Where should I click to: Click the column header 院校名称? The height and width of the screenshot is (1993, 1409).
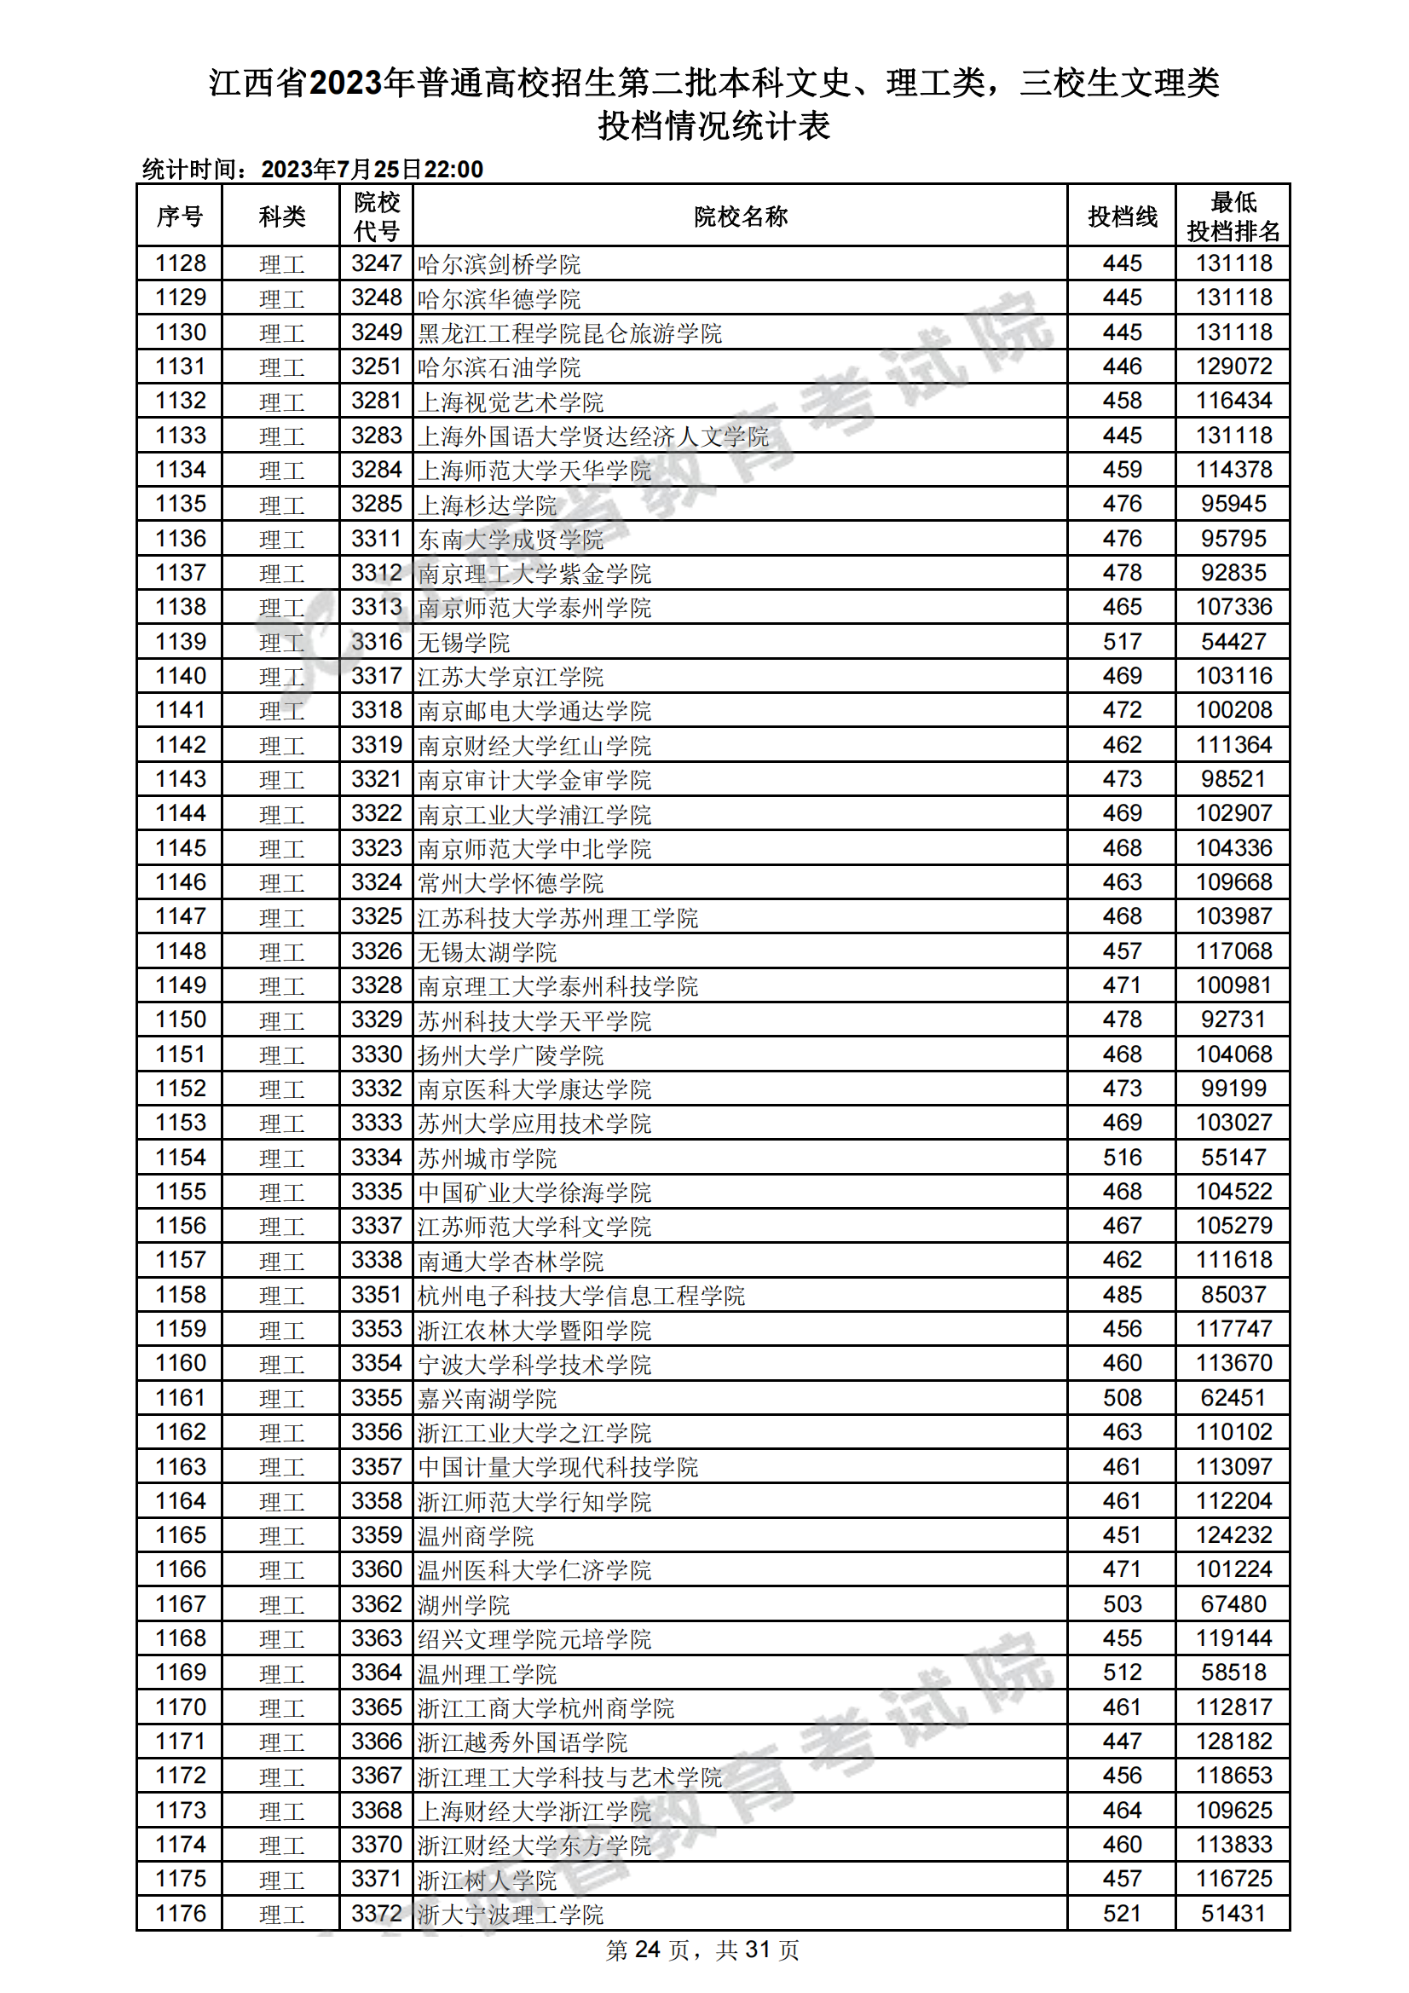click(x=740, y=217)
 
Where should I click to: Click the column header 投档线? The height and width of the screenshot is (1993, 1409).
click(x=1122, y=217)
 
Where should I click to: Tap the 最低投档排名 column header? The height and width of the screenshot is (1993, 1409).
click(x=1233, y=217)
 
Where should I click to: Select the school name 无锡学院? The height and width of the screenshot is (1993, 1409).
click(x=464, y=643)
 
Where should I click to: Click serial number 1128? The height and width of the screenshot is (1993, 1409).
click(x=181, y=264)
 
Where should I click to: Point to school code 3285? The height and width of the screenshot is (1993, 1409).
click(x=376, y=505)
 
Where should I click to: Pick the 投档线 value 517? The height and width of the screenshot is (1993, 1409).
click(x=1122, y=643)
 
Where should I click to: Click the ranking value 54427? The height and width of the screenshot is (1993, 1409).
click(x=1233, y=643)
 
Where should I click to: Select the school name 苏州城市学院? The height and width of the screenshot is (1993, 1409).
click(x=487, y=1158)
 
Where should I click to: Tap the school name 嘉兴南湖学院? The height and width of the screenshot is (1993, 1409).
click(x=487, y=1398)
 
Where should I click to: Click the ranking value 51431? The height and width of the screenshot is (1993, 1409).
click(x=1233, y=1913)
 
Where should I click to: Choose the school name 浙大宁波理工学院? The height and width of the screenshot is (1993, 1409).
click(x=511, y=1914)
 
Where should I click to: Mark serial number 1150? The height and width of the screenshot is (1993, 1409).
click(x=181, y=1020)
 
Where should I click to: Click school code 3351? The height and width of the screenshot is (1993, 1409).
click(x=376, y=1295)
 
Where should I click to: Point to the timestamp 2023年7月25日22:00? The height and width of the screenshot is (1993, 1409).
click(x=372, y=170)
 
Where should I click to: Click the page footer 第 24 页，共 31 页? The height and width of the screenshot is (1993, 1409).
click(x=702, y=1950)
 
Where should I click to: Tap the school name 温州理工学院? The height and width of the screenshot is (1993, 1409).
click(x=487, y=1673)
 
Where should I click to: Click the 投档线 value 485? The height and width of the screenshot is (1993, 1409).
click(x=1122, y=1295)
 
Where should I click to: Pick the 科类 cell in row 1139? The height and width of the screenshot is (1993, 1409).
click(x=281, y=643)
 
